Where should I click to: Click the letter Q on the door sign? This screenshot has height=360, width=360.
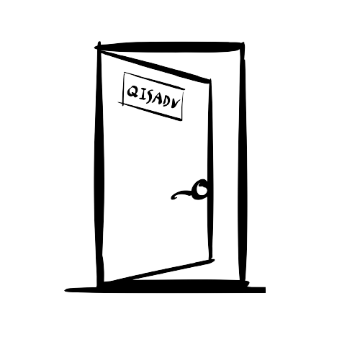[x=132, y=92]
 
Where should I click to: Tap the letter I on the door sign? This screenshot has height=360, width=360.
[x=142, y=94]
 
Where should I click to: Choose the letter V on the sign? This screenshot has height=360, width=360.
[x=176, y=104]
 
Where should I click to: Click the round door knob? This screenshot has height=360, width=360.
[x=201, y=189]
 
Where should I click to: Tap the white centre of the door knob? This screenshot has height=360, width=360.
[x=202, y=189]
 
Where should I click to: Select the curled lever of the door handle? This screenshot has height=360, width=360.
[x=181, y=194]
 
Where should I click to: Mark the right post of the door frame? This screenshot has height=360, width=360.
[x=242, y=163]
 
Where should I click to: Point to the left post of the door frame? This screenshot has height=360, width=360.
[x=99, y=166]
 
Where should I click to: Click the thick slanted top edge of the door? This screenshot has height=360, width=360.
[x=155, y=66]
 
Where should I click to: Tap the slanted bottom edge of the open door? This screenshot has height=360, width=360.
[x=158, y=271]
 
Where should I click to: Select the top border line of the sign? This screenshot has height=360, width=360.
[x=154, y=81]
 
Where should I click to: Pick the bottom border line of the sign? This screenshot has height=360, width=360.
[x=150, y=111]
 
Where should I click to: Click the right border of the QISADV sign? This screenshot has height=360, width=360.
[x=183, y=104]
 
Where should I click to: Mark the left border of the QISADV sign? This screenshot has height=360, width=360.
[x=123, y=89]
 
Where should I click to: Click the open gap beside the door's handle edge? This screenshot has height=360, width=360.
[x=225, y=168]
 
